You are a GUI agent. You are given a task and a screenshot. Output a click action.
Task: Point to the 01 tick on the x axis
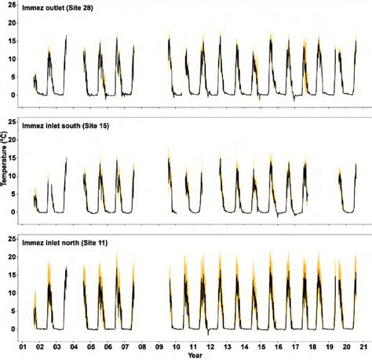[24, 345]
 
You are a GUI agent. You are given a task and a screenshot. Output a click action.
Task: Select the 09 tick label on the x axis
[160, 345]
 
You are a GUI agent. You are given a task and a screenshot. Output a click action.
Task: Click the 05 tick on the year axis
[92, 345]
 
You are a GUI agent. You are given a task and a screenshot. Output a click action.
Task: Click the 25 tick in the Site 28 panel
[13, 5]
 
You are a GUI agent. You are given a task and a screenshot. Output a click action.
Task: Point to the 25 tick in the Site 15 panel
[13, 122]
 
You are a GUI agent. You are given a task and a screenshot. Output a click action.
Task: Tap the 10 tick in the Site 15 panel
[13, 176]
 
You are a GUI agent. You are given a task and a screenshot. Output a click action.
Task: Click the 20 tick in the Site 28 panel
[13, 24]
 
